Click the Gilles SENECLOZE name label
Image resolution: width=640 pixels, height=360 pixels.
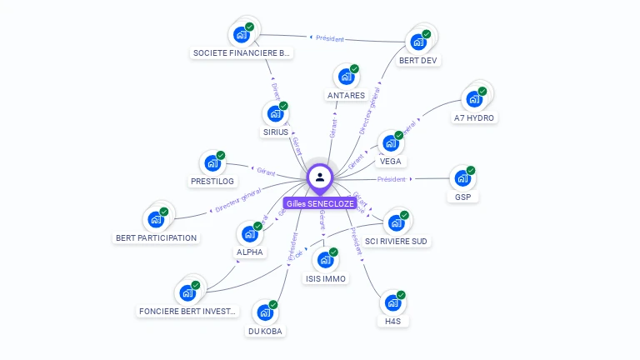320,203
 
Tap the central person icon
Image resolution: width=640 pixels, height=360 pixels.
320,177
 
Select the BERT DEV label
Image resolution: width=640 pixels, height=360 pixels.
418,60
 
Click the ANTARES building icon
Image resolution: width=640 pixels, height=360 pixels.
345,77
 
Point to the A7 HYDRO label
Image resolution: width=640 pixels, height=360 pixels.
474,117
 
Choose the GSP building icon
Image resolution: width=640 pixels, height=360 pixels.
462,178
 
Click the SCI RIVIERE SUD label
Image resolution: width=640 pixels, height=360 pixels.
397,242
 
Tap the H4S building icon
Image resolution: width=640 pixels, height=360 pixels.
392,303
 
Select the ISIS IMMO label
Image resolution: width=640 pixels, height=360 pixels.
326,278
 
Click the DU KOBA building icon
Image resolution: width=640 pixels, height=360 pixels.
264,312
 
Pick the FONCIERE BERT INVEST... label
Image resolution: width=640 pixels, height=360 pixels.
187,312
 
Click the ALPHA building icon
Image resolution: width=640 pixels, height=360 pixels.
248,234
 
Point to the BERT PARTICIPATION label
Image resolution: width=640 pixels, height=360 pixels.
156,237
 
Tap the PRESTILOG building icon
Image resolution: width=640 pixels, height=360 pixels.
212,163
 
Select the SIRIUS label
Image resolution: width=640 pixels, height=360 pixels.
275,132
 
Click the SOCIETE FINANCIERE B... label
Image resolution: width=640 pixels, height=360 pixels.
242,53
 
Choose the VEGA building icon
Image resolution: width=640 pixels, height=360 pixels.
389,143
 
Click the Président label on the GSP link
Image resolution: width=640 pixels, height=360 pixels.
391,179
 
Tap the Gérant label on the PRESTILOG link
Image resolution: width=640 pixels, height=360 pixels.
266,172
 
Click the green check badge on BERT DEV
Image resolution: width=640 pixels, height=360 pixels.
427,34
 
